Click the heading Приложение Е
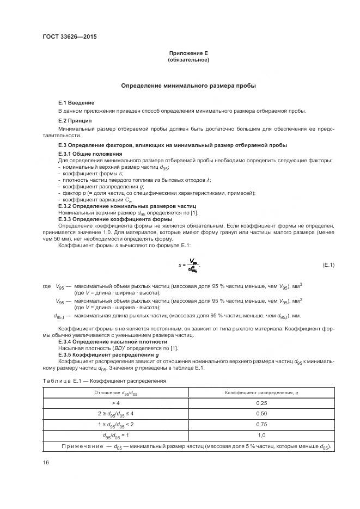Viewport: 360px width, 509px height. pyautogui.click(x=188, y=53)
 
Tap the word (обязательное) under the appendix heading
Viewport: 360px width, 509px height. pyautogui.click(x=188, y=59)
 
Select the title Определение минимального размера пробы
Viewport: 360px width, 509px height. pyautogui.click(x=188, y=86)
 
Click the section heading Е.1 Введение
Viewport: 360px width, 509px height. pyautogui.click(x=76, y=102)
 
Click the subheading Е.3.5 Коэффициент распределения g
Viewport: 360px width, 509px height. pyautogui.click(x=101, y=354)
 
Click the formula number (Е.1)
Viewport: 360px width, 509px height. pyautogui.click(x=328, y=265)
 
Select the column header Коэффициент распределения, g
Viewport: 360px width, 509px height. pyautogui.click(x=261, y=392)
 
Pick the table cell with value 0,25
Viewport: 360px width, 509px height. pyautogui.click(x=261, y=403)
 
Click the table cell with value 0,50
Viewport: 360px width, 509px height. pyautogui.click(x=261, y=414)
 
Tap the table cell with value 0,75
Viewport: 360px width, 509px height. pyautogui.click(x=261, y=425)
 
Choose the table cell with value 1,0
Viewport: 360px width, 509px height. pyautogui.click(x=261, y=436)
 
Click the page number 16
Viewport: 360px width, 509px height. pyautogui.click(x=46, y=462)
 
